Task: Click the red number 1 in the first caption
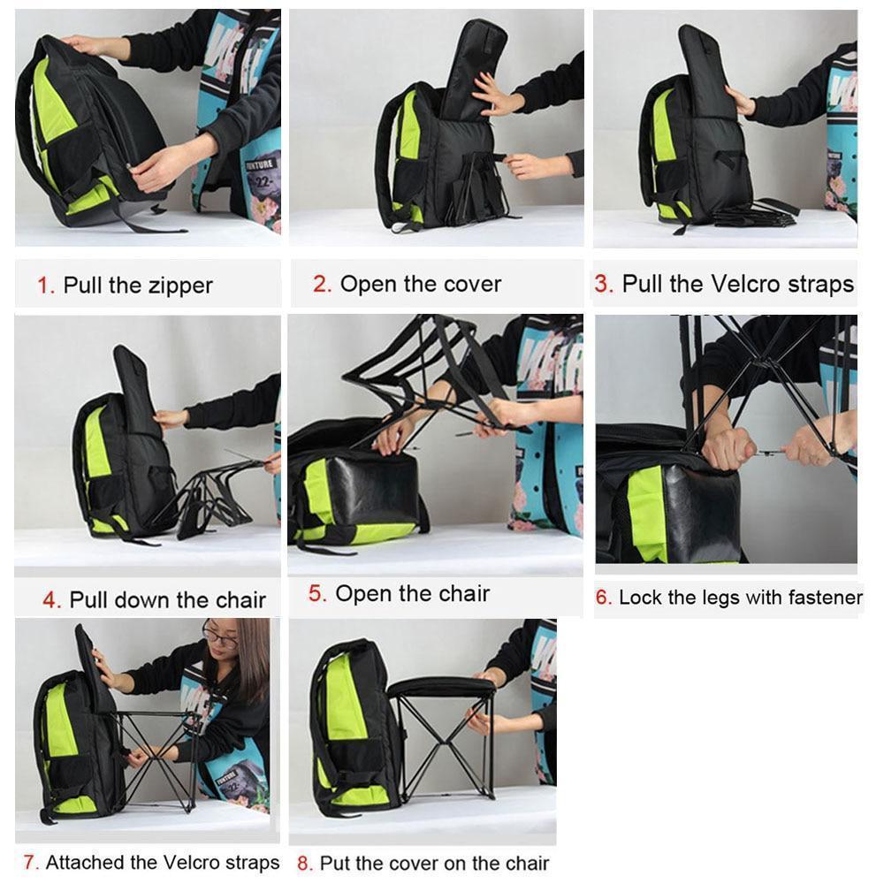coord(44,286)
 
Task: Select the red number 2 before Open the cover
coord(322,284)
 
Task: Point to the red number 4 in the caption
coord(51,600)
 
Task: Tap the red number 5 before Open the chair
coord(316,594)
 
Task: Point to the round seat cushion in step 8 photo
coord(442,686)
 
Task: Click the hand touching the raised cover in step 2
coord(495,95)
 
